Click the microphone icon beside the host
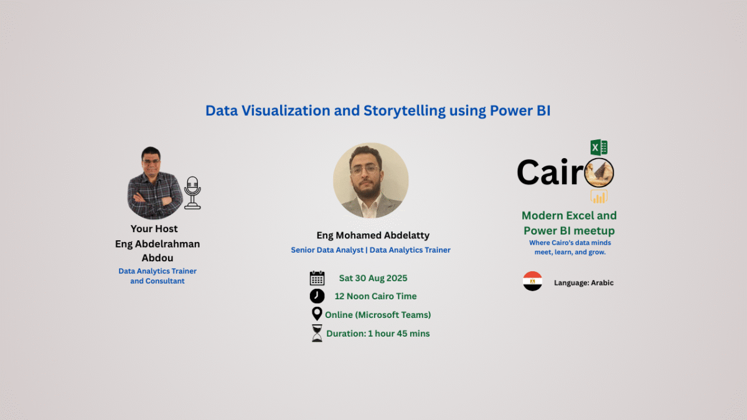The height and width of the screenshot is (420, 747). [192, 192]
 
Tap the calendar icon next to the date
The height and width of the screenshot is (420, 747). [317, 278]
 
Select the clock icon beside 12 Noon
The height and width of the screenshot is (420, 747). [317, 296]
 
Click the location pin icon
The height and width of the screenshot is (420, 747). [317, 314]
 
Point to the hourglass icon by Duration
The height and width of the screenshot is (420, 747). [317, 333]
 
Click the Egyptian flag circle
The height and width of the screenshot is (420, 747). [532, 281]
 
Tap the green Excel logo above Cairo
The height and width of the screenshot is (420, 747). [599, 147]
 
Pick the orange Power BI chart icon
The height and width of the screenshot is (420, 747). [599, 197]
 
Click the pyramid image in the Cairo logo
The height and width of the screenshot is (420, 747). [599, 172]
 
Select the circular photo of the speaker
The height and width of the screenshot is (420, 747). [370, 180]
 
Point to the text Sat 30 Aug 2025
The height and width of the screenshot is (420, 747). [373, 278]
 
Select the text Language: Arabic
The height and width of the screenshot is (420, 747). [583, 282]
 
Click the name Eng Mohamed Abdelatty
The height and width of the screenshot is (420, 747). [373, 235]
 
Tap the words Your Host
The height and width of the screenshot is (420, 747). [154, 229]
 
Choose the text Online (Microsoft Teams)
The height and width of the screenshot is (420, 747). [378, 315]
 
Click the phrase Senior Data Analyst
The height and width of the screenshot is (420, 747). [327, 250]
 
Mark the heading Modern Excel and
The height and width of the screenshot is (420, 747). [569, 215]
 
